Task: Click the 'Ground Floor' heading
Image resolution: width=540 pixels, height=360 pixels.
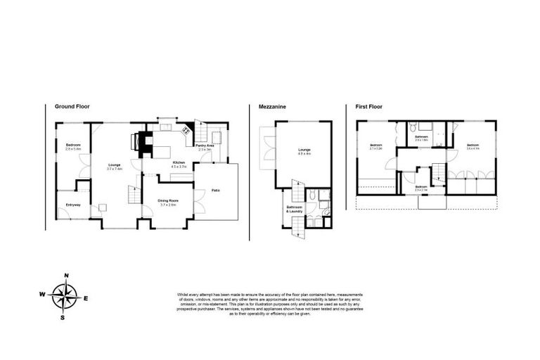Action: click(x=72, y=107)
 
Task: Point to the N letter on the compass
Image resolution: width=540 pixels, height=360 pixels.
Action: click(x=65, y=276)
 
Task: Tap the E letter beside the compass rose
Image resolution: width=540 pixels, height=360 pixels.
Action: click(x=86, y=298)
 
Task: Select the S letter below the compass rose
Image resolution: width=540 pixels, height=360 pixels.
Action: click(x=63, y=317)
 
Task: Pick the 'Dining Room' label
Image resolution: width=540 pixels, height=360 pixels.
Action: click(x=167, y=201)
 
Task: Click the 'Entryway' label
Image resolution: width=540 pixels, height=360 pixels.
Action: click(x=73, y=205)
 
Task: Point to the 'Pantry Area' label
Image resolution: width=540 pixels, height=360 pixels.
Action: click(x=205, y=146)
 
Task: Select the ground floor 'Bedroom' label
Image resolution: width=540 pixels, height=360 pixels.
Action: click(x=73, y=146)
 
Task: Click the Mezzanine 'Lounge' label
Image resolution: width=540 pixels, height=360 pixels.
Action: click(x=304, y=150)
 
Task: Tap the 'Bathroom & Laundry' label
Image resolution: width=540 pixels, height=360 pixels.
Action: click(x=294, y=210)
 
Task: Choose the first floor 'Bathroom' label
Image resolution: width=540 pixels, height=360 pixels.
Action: click(x=422, y=137)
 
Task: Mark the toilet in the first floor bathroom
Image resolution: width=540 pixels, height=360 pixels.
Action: click(x=416, y=127)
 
